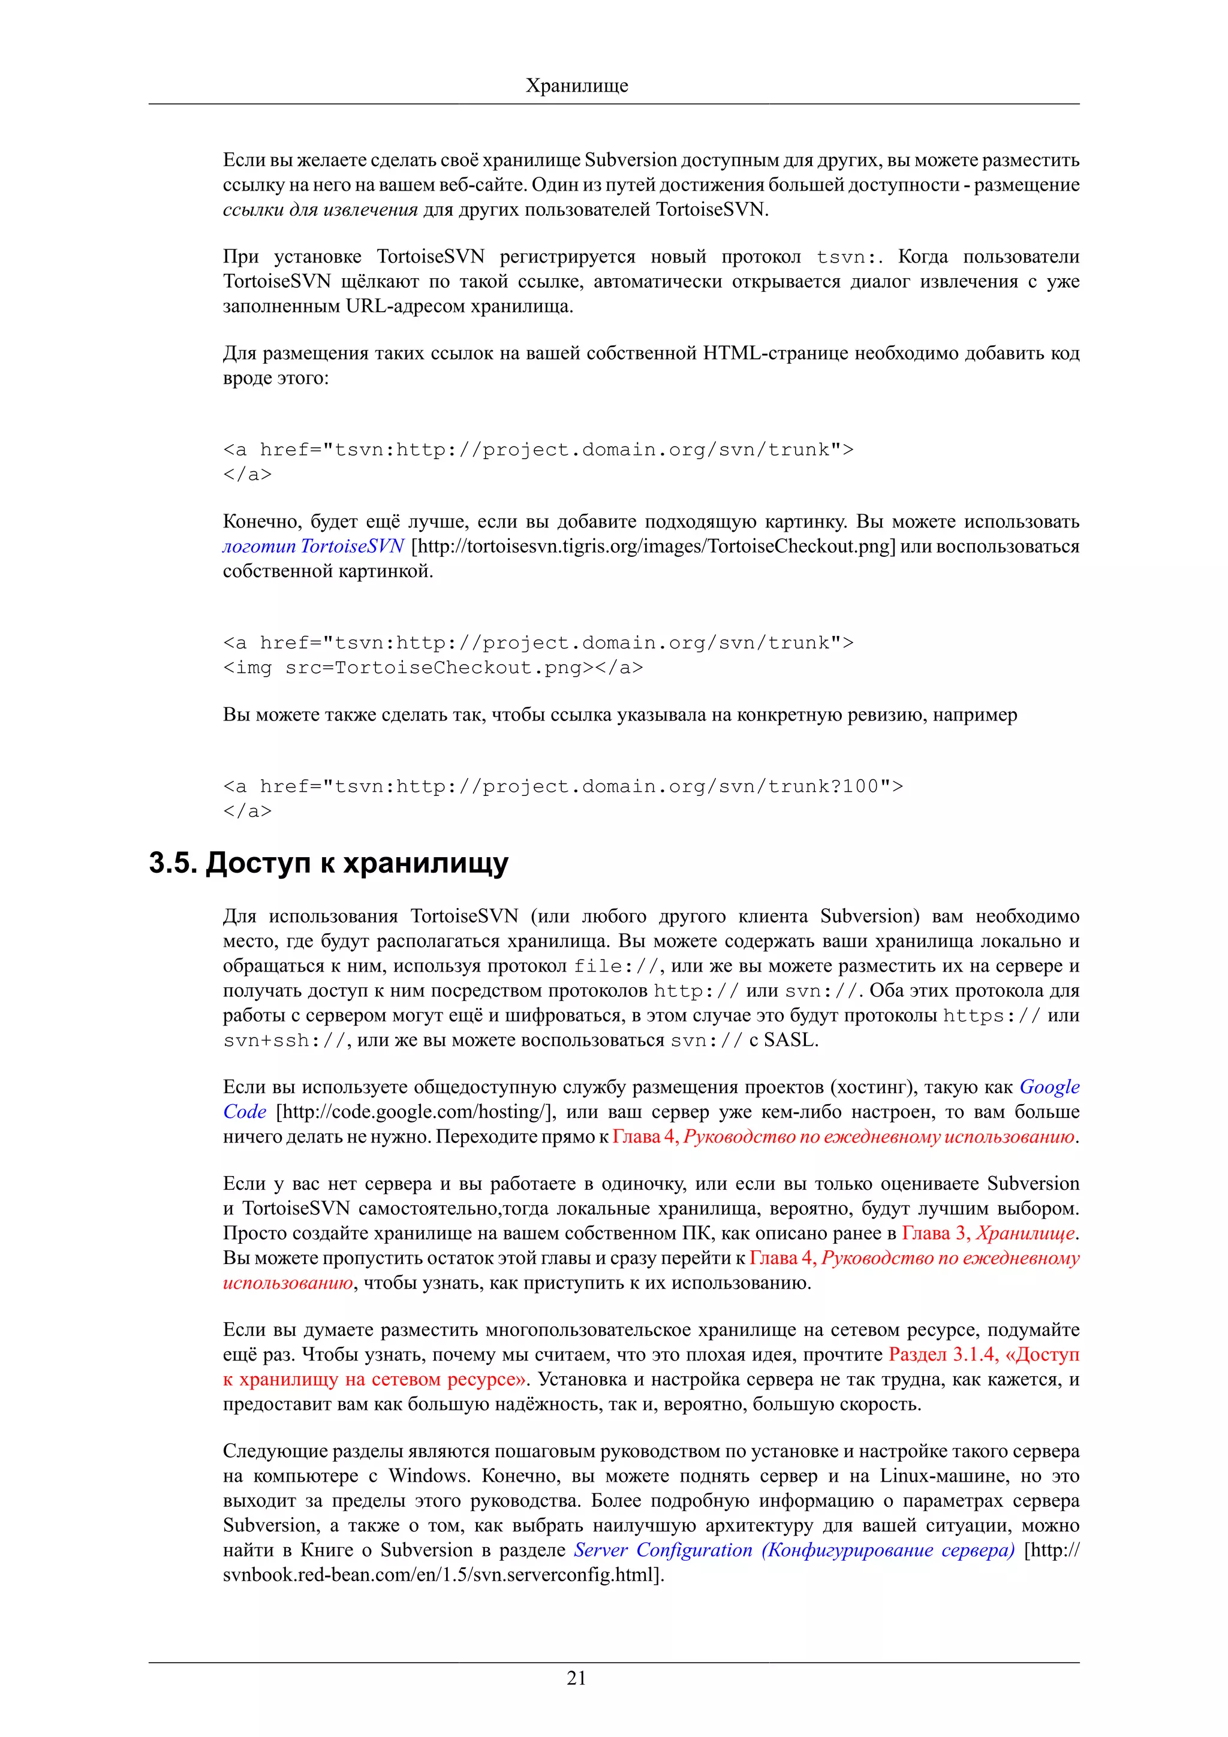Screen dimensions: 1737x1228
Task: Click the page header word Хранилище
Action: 577,86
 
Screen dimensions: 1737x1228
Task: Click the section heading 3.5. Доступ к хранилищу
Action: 329,863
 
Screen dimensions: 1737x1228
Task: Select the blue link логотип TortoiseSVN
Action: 313,546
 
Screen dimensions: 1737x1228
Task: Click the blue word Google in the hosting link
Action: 1049,1087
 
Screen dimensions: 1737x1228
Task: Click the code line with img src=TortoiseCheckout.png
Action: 433,667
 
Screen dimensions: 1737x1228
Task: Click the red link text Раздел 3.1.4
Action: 943,1354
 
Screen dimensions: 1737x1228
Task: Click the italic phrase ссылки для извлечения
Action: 320,210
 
